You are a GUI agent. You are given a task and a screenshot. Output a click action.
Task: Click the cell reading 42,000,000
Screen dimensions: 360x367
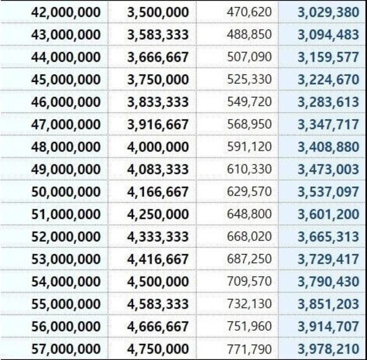pos(65,12)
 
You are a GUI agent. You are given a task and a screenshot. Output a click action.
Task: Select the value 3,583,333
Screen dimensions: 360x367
pos(158,35)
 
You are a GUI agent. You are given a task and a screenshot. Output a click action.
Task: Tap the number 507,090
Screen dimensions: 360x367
pos(249,57)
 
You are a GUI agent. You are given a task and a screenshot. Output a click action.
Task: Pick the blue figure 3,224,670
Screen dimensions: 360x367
pos(328,80)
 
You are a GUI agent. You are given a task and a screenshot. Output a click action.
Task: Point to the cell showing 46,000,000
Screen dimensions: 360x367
pos(65,102)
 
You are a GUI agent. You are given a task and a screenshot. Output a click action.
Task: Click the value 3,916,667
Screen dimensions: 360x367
pos(158,124)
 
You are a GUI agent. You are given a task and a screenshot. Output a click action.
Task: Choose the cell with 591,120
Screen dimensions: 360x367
pos(249,147)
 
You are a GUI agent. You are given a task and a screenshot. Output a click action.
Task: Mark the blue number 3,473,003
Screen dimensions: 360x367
pos(328,169)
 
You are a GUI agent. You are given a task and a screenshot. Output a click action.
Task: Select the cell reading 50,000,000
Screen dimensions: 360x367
pos(65,191)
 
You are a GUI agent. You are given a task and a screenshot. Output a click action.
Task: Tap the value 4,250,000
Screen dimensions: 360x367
pos(158,214)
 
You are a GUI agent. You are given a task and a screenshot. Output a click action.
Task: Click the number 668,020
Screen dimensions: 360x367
pos(249,237)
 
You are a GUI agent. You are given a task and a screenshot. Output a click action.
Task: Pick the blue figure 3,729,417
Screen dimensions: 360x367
pos(328,259)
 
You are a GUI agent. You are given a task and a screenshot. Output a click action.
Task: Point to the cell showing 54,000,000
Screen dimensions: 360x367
pos(65,281)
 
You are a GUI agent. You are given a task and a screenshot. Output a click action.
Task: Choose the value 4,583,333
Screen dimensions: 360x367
pos(158,304)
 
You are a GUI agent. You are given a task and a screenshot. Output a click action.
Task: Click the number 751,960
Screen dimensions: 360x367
pos(249,326)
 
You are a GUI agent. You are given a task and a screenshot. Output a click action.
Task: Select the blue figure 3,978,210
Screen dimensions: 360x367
pos(328,349)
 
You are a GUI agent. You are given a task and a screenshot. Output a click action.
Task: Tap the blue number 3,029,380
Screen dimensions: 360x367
pos(328,12)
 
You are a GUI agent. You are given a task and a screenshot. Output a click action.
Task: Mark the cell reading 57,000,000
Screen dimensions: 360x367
pos(65,349)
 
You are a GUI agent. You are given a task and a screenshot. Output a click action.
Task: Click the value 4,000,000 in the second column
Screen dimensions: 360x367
pos(158,147)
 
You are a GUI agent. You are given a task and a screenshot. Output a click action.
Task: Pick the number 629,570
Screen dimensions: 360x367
pos(249,191)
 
